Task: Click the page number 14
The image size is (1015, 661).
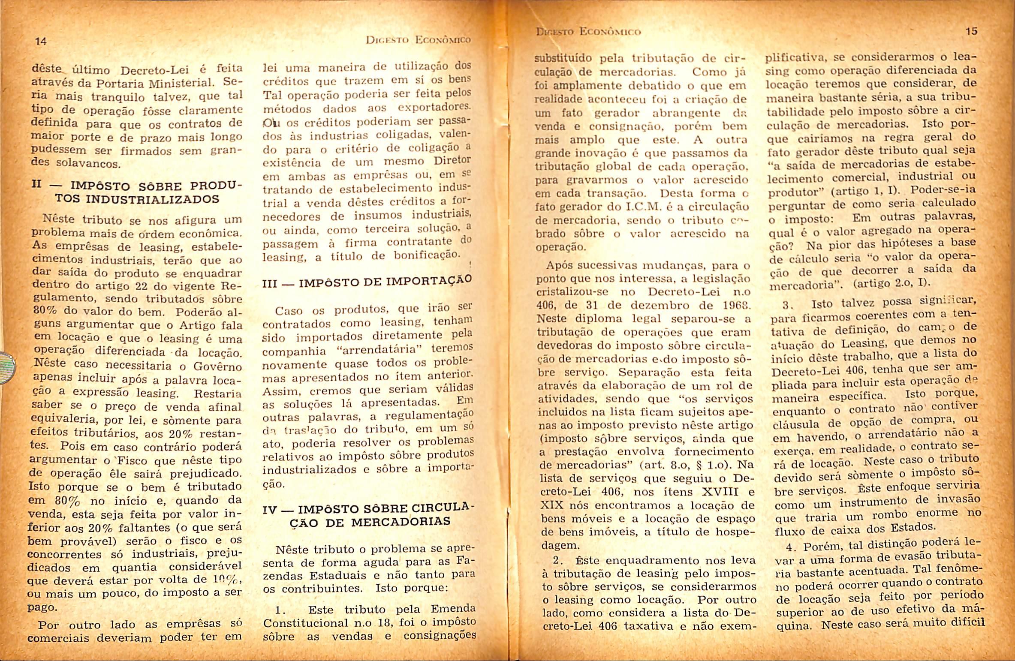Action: click(x=41, y=42)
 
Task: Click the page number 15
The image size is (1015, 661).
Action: click(x=971, y=31)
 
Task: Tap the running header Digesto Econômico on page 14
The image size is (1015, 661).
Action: click(x=418, y=40)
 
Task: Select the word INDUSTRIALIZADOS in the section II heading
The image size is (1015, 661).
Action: click(x=152, y=199)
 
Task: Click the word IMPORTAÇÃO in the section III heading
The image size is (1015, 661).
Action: click(x=429, y=281)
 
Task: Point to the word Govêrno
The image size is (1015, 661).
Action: click(x=218, y=367)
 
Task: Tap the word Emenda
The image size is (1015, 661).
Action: click(x=453, y=608)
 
